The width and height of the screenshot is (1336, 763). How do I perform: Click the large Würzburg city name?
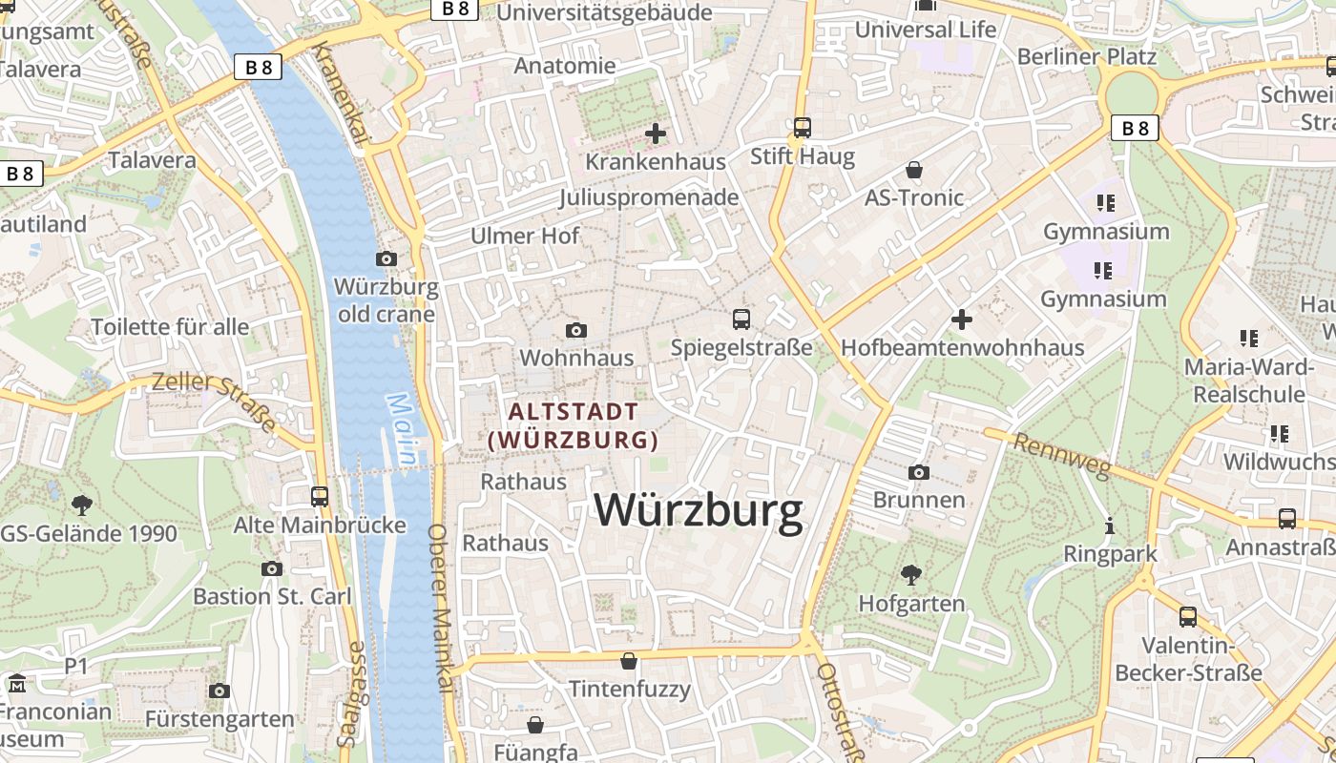pyautogui.click(x=699, y=510)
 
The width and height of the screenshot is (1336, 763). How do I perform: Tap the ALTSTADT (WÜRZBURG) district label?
pyautogui.click(x=574, y=425)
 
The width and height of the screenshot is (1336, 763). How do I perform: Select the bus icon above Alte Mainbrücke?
pyautogui.click(x=320, y=496)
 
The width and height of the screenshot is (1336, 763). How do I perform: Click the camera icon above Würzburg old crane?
pyautogui.click(x=386, y=258)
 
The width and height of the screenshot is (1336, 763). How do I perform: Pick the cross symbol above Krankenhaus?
pyautogui.click(x=656, y=134)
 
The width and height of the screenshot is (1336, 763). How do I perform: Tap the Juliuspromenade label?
pyautogui.click(x=649, y=197)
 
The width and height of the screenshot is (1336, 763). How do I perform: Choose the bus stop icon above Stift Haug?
pyautogui.click(x=803, y=127)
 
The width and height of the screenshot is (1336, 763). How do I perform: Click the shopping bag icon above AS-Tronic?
pyautogui.click(x=914, y=170)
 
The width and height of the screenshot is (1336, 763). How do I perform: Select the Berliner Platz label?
pyautogui.click(x=1086, y=56)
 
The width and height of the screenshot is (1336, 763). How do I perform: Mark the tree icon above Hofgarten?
pyautogui.click(x=911, y=574)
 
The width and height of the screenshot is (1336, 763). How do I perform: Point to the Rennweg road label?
pyautogui.click(x=1062, y=456)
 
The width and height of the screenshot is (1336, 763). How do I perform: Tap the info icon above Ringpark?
pyautogui.click(x=1110, y=526)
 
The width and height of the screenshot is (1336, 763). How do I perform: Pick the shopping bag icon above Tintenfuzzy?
pyautogui.click(x=629, y=660)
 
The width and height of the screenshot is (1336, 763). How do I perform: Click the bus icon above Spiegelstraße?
pyautogui.click(x=741, y=319)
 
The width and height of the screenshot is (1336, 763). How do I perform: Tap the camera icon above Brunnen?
pyautogui.click(x=919, y=472)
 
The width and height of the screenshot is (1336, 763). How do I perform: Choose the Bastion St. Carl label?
pyautogui.click(x=272, y=596)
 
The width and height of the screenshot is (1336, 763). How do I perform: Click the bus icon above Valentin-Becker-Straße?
pyautogui.click(x=1188, y=616)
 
